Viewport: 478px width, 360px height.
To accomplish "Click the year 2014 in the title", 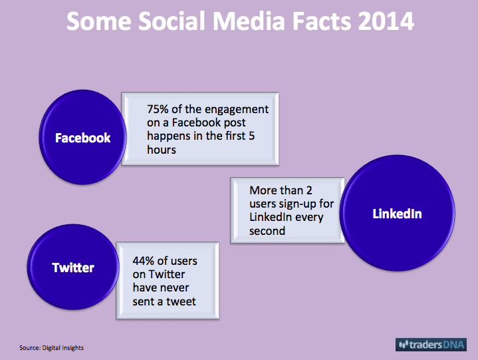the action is [386, 21].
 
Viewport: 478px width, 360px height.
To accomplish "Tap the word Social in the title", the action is [172, 21].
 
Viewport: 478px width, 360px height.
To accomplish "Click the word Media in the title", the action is [249, 21].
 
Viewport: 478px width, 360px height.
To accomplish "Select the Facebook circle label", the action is [82, 138].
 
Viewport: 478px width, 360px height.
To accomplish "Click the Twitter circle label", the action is [73, 268].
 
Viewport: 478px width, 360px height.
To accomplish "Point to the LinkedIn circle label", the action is [397, 214].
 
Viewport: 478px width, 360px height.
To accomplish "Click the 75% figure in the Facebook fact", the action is [158, 109].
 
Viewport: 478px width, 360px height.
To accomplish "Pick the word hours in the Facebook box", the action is [162, 150].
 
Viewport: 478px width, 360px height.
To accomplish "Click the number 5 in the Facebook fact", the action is [251, 136].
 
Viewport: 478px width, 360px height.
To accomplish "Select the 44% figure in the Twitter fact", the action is [144, 261].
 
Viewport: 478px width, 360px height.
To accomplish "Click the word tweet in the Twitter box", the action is [181, 301].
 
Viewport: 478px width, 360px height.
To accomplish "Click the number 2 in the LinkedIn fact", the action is [309, 190].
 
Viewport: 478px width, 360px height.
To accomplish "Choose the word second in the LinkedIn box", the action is [267, 231].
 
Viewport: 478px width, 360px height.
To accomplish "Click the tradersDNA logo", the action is [431, 345].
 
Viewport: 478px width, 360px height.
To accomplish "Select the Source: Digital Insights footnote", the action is [51, 348].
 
